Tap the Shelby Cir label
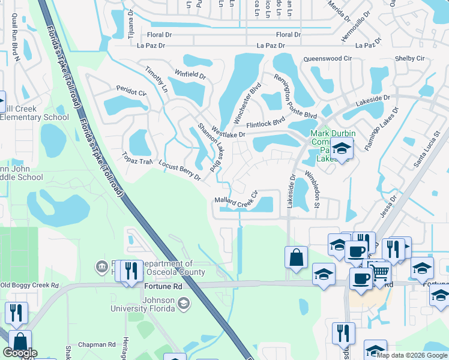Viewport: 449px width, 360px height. [409, 58]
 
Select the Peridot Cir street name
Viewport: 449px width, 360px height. [131, 94]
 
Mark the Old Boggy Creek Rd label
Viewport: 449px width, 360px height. [29, 285]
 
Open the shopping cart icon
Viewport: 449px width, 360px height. [381, 273]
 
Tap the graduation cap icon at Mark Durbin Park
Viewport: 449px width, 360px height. [342, 148]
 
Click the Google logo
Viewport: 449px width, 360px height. [20, 353]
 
